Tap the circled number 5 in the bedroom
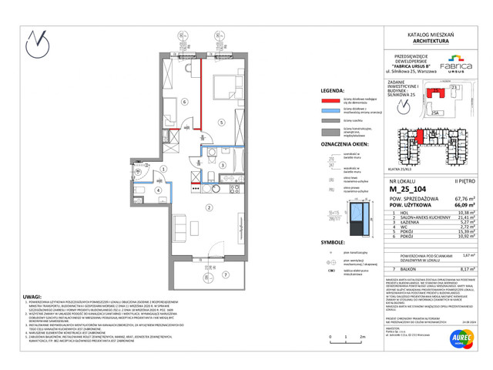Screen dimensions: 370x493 pyautogui.click(x=220, y=122)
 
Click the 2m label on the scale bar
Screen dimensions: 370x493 pyautogui.click(x=362, y=338)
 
